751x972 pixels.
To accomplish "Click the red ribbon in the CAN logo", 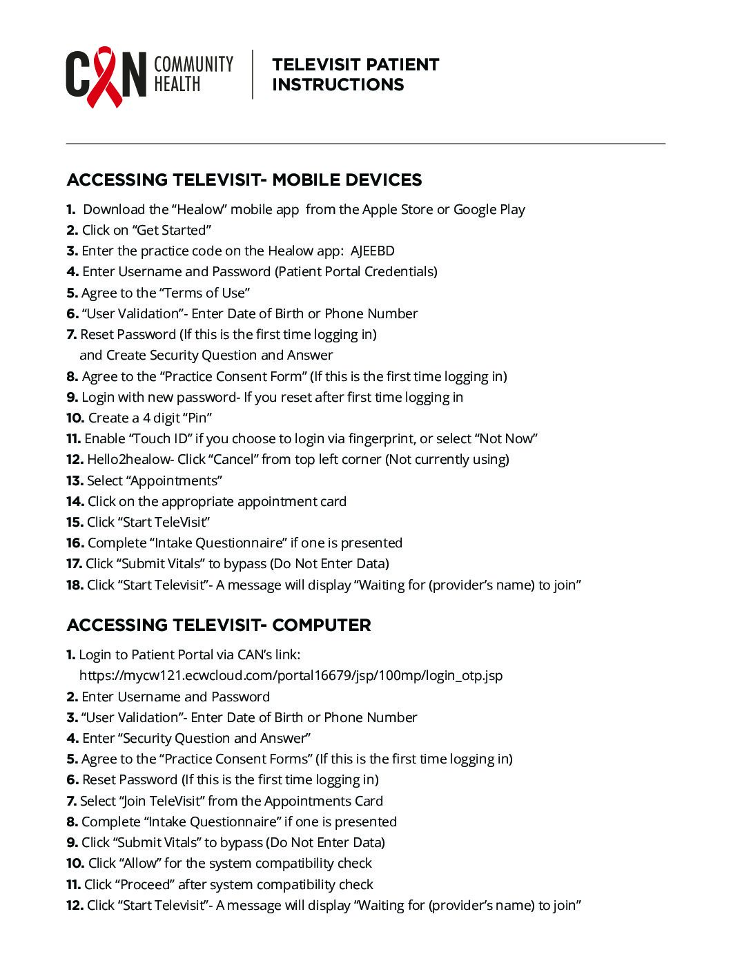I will click(104, 76).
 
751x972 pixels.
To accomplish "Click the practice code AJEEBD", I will click(372, 251).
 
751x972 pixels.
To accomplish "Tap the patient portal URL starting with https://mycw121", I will click(291, 676).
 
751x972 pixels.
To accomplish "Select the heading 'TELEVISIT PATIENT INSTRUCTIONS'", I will click(355, 75).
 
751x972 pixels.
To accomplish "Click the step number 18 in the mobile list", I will click(75, 585).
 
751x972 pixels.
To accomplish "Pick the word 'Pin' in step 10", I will click(199, 418).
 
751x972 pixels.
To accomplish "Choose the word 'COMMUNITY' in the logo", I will click(193, 65).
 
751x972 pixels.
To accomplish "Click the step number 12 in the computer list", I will click(75, 906).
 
